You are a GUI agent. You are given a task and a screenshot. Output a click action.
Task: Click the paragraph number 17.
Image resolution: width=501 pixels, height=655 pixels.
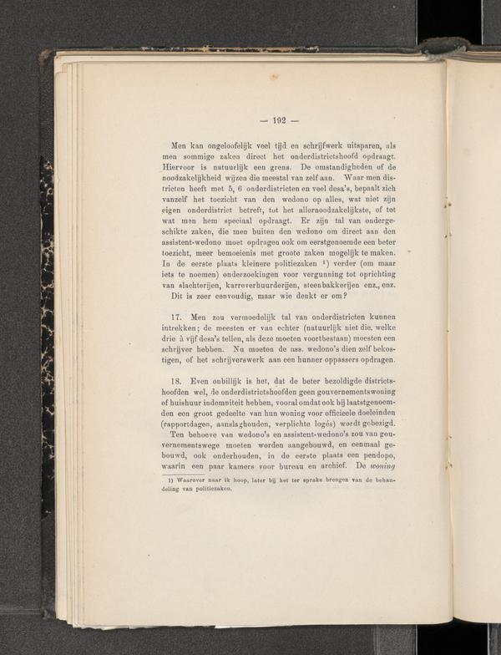176,317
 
